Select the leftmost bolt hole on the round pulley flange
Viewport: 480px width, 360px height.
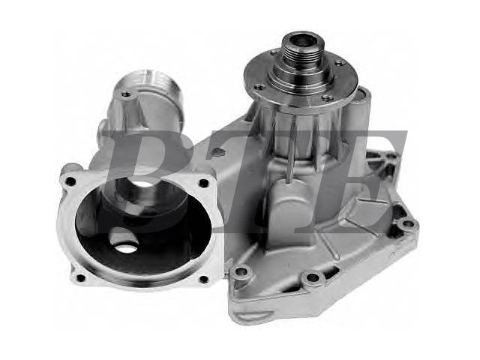[259, 87]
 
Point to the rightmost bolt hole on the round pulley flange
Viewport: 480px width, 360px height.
[340, 64]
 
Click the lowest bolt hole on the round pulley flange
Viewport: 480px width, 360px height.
[328, 98]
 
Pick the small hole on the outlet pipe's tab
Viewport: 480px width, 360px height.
[125, 94]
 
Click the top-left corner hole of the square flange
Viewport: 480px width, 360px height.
[71, 181]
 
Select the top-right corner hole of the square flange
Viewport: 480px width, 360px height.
[203, 183]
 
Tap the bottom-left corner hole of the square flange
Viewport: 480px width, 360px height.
[80, 278]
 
